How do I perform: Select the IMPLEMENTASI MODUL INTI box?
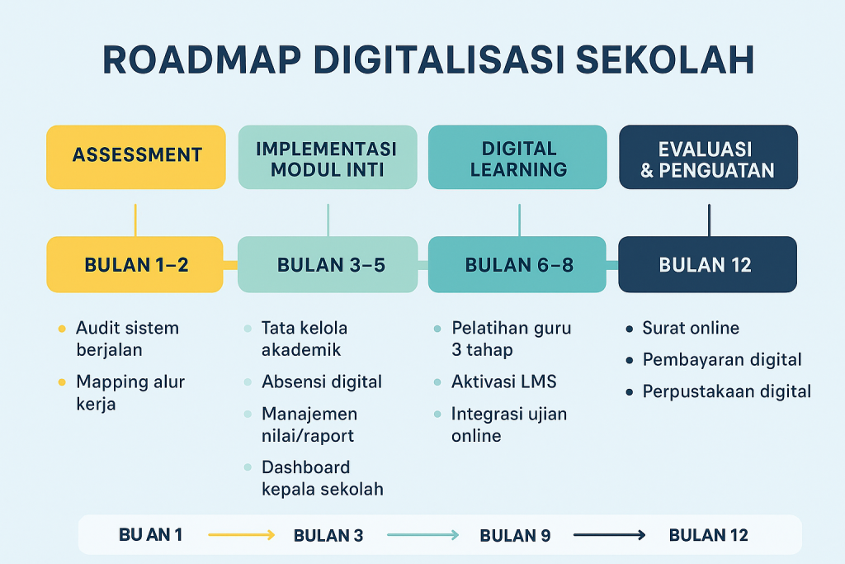(x=327, y=158)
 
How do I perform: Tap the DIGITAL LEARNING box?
(x=518, y=158)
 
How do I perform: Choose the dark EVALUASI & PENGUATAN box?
(x=708, y=158)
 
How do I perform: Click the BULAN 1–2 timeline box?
(x=135, y=264)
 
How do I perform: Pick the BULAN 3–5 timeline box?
(x=327, y=264)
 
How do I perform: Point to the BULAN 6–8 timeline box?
(x=518, y=264)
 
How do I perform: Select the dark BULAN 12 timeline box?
(x=708, y=264)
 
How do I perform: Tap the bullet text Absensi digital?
(x=321, y=382)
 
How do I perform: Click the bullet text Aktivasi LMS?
(x=503, y=382)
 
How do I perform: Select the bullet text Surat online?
(x=691, y=328)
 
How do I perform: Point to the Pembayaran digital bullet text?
(x=722, y=360)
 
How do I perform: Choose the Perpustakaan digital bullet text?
(x=726, y=391)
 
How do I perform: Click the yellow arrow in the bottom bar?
(x=241, y=535)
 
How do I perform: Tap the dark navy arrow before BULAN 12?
(x=609, y=535)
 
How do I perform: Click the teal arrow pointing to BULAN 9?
(x=422, y=535)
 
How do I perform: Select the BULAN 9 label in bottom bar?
(x=515, y=535)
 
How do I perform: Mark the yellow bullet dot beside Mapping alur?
(x=61, y=382)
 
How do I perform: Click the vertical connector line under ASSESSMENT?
(x=135, y=220)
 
